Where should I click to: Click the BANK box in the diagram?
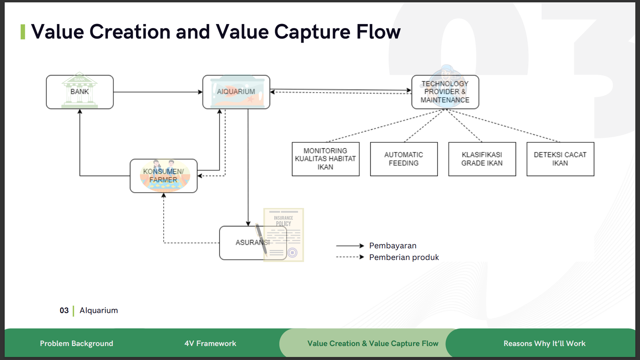pos(80,92)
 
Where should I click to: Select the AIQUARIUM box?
pos(236,92)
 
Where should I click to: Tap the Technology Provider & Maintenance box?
pos(445,92)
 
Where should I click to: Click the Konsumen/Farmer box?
pos(163,176)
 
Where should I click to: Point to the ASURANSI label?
pos(252,242)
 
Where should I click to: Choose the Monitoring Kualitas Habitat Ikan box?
pos(325,159)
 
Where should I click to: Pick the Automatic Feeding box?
pos(404,159)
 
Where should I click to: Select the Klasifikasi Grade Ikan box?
pos(482,159)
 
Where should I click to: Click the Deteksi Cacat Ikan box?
pos(560,159)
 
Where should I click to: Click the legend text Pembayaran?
pos(392,246)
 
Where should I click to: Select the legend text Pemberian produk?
pos(404,257)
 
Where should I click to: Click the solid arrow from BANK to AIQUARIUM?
pos(158,92)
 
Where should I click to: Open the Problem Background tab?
pos(76,343)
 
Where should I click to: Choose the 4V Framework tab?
pos(210,343)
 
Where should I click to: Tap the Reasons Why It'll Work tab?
pos(544,343)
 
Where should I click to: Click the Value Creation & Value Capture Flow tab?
pos(372,343)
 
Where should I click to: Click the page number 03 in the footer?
pos(64,310)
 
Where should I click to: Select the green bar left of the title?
pos(23,32)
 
